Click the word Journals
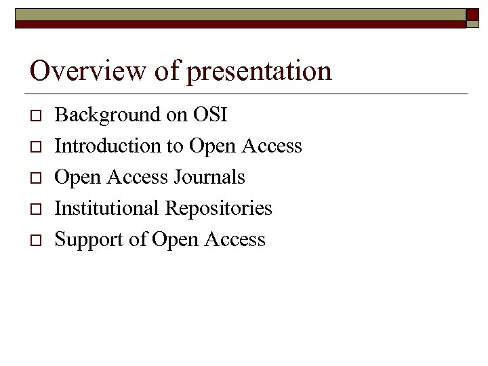click(209, 177)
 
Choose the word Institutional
click(107, 208)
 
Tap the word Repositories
click(218, 209)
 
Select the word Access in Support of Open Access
click(234, 239)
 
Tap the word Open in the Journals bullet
click(77, 178)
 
